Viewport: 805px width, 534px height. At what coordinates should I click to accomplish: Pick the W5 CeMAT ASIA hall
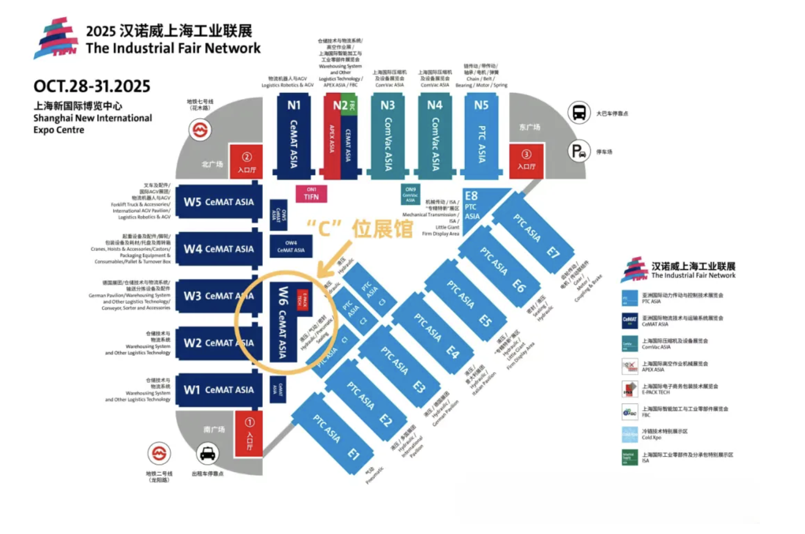[x=218, y=202]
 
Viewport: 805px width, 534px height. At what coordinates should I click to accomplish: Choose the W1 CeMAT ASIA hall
[x=218, y=390]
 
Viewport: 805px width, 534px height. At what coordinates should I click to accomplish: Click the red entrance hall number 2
[x=246, y=161]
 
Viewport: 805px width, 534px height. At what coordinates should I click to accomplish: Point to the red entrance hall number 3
[x=526, y=160]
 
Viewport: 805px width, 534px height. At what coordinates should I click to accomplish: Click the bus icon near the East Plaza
[x=579, y=113]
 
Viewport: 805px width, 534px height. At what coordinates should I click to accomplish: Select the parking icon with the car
[x=579, y=151]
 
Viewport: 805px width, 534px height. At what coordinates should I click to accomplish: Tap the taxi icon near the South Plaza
[x=208, y=454]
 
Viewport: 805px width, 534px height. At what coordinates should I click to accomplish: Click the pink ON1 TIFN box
[x=311, y=193]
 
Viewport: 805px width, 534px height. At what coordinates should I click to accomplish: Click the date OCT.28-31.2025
[x=92, y=86]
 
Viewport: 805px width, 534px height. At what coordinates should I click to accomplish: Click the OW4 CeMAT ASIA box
[x=291, y=247]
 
